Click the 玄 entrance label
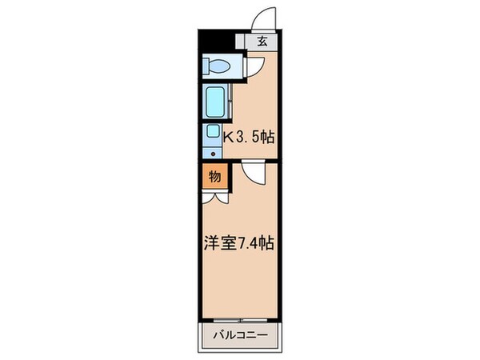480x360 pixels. (x=262, y=44)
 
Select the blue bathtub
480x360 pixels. (x=214, y=102)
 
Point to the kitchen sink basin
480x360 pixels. (x=213, y=133)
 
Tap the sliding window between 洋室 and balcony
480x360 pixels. (x=238, y=319)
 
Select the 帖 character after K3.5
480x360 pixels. (x=267, y=137)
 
